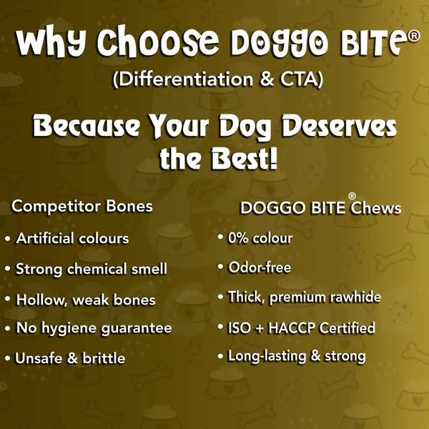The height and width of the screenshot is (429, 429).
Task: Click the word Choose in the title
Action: tap(158, 41)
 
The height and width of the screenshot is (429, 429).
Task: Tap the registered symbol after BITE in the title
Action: tap(413, 36)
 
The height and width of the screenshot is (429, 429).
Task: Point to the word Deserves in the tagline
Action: tap(339, 126)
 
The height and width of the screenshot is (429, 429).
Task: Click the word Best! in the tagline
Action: tap(245, 159)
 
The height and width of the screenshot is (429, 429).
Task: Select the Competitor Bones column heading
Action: tap(82, 207)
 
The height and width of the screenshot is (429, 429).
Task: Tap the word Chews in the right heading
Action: tap(376, 208)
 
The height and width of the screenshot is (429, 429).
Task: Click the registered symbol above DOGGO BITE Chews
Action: tap(352, 196)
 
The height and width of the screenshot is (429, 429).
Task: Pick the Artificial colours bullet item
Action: tap(72, 238)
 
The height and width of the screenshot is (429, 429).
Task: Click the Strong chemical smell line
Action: tap(91, 269)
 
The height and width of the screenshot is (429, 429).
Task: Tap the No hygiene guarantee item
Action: tap(94, 328)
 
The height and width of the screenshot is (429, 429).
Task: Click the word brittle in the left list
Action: tap(104, 358)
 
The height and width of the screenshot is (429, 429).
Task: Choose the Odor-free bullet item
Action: tap(260, 267)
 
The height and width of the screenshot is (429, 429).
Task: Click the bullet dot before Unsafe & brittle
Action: tap(8, 358)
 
